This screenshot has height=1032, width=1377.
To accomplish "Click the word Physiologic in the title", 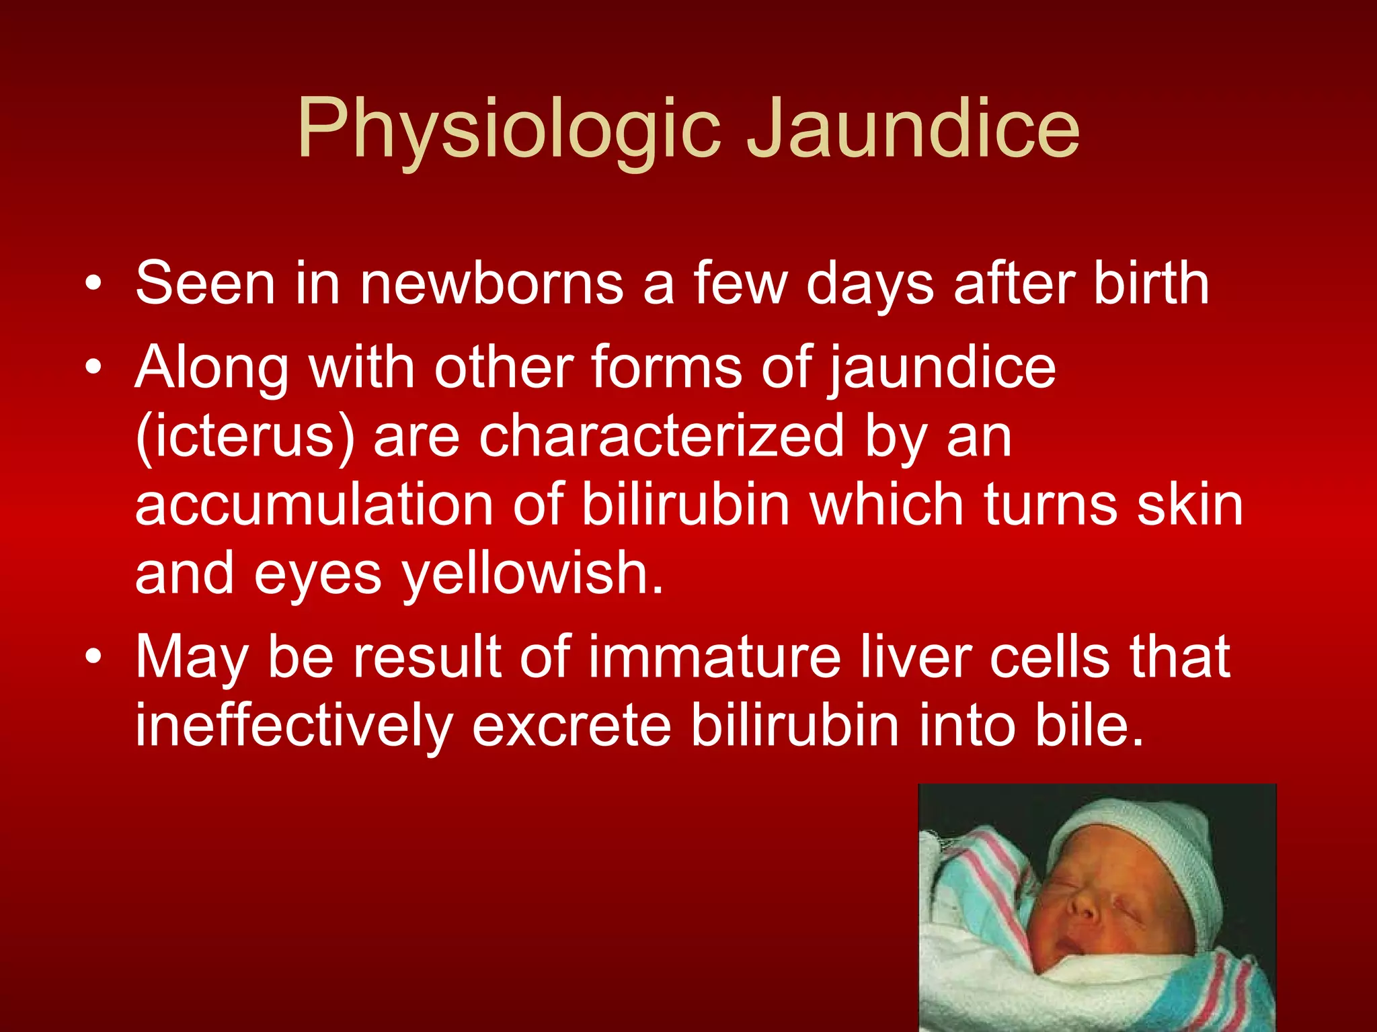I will tap(509, 129).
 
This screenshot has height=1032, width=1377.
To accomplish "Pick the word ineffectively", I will tap(294, 727).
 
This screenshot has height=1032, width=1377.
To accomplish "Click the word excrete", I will tap(572, 727).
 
